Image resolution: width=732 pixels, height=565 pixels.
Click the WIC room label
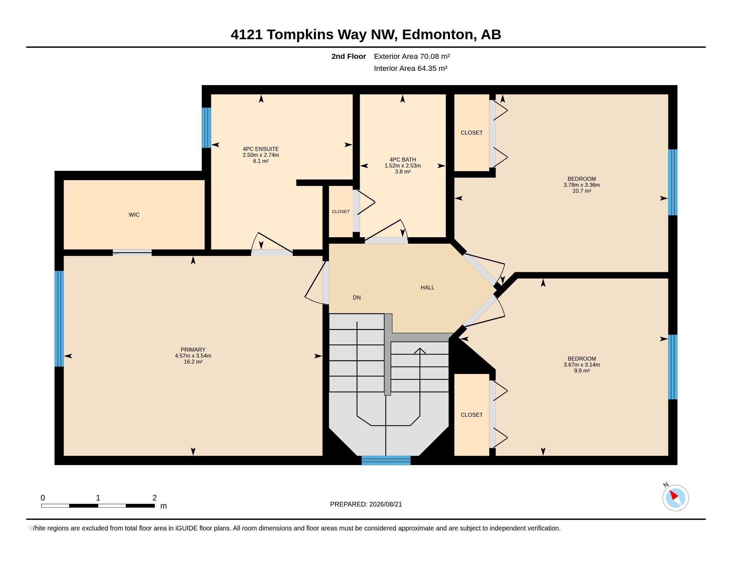point(134,215)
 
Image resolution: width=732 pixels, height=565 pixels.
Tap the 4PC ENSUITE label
point(261,149)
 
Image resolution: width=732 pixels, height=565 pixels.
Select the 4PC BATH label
point(403,160)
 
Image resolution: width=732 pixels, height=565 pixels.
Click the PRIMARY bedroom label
point(193,350)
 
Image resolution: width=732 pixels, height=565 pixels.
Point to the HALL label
point(427,287)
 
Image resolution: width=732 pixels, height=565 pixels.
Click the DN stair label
point(357,297)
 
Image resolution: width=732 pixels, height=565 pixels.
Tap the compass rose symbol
point(675,498)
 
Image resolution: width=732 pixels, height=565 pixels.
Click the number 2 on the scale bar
point(154,498)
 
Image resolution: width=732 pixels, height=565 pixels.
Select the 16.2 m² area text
point(193,362)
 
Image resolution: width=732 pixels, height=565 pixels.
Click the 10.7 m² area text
point(582,191)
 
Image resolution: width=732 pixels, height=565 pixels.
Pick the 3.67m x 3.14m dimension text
point(582,365)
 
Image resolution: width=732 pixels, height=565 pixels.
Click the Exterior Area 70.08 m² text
point(412,56)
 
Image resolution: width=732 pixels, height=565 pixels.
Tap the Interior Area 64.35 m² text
point(411,68)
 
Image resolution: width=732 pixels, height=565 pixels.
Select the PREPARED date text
point(366,504)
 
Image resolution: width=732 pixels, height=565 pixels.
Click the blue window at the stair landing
point(386,460)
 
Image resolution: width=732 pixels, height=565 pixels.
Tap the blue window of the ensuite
point(207,128)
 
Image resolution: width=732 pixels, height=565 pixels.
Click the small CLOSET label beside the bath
point(340,211)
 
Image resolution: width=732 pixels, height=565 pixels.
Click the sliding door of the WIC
point(132,253)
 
